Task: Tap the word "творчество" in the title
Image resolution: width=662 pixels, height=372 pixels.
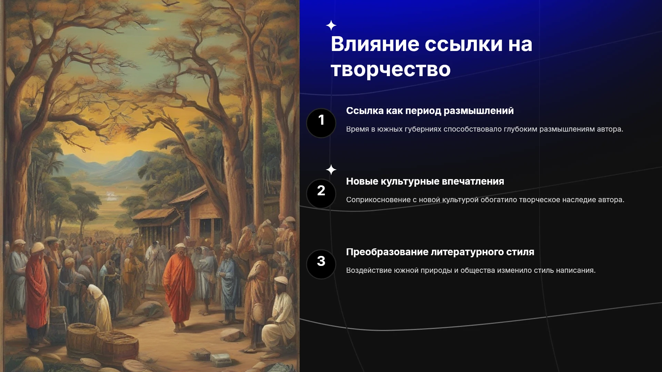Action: (391, 69)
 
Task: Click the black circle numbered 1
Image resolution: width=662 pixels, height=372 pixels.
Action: (321, 123)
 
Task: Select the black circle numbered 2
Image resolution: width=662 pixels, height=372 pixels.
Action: (321, 194)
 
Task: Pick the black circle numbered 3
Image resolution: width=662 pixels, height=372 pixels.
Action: (321, 264)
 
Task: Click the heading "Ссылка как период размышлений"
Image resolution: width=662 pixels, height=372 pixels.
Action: (430, 111)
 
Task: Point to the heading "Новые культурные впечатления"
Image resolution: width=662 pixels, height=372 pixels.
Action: (425, 182)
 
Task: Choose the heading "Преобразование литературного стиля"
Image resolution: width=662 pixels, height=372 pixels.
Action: (440, 252)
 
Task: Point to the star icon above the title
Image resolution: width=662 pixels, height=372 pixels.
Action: (331, 25)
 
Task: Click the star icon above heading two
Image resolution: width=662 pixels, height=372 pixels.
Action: (331, 170)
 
